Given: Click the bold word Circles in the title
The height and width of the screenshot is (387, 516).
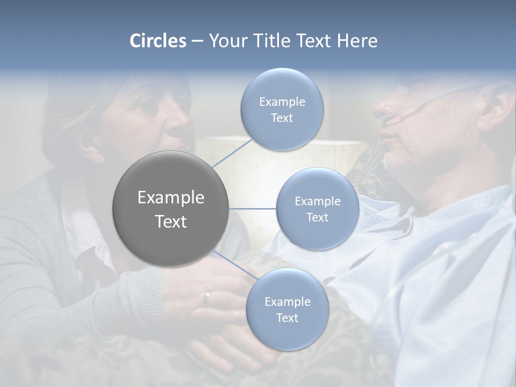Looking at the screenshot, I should pyautogui.click(x=157, y=41).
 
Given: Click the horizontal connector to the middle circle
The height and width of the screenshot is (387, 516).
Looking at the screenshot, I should pyautogui.click(x=253, y=209).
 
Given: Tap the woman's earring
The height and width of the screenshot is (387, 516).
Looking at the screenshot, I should pyautogui.click(x=98, y=156).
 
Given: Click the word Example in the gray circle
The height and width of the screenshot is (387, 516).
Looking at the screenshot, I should pyautogui.click(x=170, y=198).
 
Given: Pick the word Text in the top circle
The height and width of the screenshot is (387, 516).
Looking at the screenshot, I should pyautogui.click(x=282, y=118).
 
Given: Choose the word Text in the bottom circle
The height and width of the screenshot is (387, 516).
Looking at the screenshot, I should pyautogui.click(x=287, y=318).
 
